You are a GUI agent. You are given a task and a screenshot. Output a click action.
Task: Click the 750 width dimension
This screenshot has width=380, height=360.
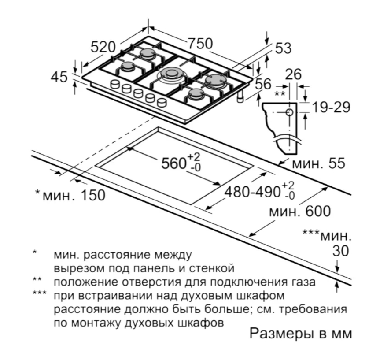coord(200,44)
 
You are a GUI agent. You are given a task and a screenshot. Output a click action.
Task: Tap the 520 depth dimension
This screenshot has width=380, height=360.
coord(103,47)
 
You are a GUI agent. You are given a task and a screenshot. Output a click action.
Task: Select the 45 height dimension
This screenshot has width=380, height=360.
coord(59,77)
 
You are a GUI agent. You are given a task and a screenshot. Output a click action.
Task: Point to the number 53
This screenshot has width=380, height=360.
coord(283,48)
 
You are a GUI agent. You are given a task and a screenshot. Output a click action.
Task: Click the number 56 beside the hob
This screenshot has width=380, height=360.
coord(263,84)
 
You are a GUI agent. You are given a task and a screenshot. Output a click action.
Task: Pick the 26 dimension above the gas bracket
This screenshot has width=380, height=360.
coord(293,74)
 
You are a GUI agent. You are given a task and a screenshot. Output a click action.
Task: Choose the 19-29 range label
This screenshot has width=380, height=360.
coord(331,107)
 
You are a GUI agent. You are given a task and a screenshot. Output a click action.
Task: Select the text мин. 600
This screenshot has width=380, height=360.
coord(300,211)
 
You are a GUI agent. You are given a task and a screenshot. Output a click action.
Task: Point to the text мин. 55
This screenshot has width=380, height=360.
coord(318,163)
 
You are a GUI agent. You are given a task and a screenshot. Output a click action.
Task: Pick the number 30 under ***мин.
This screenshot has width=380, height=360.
coord(340,251)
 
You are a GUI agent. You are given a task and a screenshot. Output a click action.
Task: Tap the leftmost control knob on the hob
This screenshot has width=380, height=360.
coord(115,85)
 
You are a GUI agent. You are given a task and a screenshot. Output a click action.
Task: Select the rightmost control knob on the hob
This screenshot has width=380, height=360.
coord(162,102)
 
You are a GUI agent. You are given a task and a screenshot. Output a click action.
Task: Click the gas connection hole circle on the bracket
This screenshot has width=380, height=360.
coord(290,112)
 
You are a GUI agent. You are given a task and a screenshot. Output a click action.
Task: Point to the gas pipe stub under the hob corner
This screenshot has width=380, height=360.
coord(240,97)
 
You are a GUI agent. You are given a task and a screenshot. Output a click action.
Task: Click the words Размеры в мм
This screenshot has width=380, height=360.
coord(301,334)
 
